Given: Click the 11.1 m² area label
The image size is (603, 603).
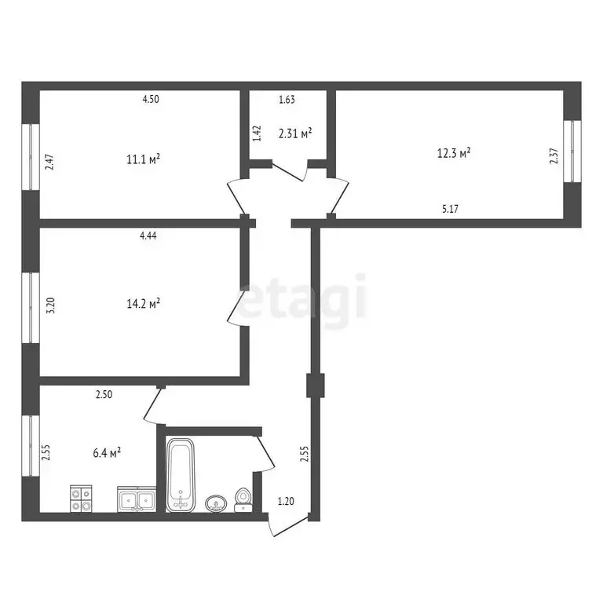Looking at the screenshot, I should pos(143,159).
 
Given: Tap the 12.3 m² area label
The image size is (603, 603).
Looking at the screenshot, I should pos(454,152).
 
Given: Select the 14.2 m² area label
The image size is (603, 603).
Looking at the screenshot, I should pos(143,302).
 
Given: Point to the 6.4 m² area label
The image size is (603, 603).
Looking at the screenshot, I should pos(106,452).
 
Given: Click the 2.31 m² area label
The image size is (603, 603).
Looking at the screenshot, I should pos(295,133).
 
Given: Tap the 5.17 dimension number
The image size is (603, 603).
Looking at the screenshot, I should pos(451,209).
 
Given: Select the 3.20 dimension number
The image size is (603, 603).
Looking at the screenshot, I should pos(51,305).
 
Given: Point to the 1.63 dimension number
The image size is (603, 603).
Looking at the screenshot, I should pos(287,100).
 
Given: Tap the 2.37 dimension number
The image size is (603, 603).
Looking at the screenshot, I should pos(554,156).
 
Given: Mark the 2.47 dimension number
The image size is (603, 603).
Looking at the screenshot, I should pos(49,163).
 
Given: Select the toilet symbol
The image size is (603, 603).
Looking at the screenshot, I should pos(243,499).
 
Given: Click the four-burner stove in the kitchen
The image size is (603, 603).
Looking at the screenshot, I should pos(82,499).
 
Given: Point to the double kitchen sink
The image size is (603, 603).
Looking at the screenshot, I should pos(137,499).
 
